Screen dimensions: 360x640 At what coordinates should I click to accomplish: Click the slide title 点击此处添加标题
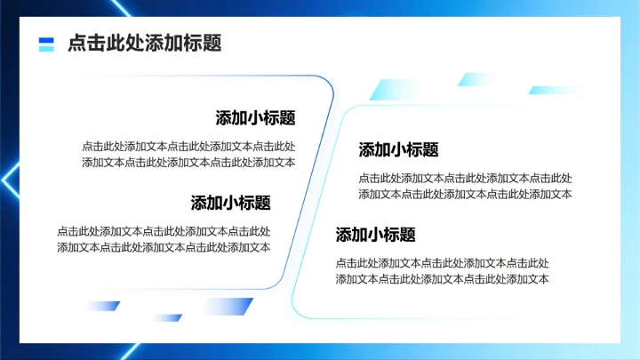click(144, 44)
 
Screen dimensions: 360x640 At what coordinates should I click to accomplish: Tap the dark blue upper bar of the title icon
click(47, 39)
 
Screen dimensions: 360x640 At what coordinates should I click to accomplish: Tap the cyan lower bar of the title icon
click(47, 49)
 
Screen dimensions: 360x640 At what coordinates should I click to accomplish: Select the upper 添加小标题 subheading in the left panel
click(255, 118)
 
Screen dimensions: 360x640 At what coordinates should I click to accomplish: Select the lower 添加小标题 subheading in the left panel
click(230, 203)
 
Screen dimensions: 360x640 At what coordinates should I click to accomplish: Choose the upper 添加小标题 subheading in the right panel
click(398, 150)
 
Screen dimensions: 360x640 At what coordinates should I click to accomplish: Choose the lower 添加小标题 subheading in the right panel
click(375, 236)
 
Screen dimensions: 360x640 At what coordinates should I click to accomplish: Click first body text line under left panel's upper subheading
click(188, 147)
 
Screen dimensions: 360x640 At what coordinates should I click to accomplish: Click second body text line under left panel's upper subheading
click(188, 162)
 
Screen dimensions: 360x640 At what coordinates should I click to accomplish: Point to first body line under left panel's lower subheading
click(164, 231)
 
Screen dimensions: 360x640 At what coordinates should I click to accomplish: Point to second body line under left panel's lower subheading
click(164, 247)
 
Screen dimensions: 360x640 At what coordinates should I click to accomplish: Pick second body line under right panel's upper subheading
click(465, 194)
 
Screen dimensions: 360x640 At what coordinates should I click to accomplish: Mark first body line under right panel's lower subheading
click(442, 263)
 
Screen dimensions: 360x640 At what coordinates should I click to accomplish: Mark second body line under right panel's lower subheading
click(442, 279)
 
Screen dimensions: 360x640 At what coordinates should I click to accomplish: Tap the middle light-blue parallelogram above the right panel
click(477, 80)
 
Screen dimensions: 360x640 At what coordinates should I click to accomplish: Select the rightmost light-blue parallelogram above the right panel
click(553, 90)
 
